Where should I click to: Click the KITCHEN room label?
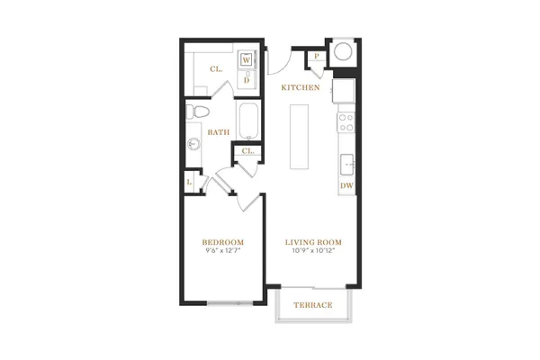pyautogui.click(x=301, y=87)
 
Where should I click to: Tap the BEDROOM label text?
pyautogui.click(x=223, y=242)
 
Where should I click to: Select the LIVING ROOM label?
pyautogui.click(x=313, y=242)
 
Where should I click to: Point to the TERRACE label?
pyautogui.click(x=313, y=305)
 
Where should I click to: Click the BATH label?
pyautogui.click(x=219, y=132)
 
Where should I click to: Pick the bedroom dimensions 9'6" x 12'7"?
pyautogui.click(x=223, y=251)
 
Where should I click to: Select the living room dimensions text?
pyautogui.click(x=313, y=251)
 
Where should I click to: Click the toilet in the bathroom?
pyautogui.click(x=197, y=112)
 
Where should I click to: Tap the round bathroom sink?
pyautogui.click(x=193, y=143)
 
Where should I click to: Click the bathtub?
pyautogui.click(x=248, y=121)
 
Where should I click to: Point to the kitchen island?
pyautogui.click(x=299, y=137)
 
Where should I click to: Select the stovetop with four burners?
pyautogui.click(x=346, y=122)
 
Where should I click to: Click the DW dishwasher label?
pyautogui.click(x=346, y=185)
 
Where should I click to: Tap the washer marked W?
pyautogui.click(x=247, y=60)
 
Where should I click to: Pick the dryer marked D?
pyautogui.click(x=247, y=80)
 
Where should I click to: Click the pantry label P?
pyautogui.click(x=317, y=56)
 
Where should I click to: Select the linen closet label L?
pyautogui.click(x=189, y=182)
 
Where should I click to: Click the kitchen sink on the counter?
pyautogui.click(x=347, y=165)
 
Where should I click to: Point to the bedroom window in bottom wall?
pyautogui.click(x=230, y=303)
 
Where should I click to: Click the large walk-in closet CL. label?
pyautogui.click(x=216, y=69)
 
